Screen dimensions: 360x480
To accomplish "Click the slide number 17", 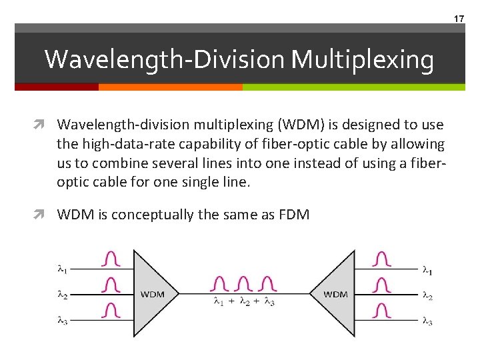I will click(x=459, y=19).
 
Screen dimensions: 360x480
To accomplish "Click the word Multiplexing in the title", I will click(x=363, y=60).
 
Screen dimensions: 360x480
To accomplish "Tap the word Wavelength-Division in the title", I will click(x=166, y=60).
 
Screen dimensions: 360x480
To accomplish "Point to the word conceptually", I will click(x=167, y=214).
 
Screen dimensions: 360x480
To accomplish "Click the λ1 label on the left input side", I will click(x=62, y=269).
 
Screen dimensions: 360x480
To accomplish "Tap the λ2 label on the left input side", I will click(x=62, y=294).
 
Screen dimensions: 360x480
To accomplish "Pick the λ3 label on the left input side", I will click(x=62, y=320).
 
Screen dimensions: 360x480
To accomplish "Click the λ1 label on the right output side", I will click(x=427, y=271).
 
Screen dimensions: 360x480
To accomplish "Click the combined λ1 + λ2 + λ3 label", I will click(x=244, y=302).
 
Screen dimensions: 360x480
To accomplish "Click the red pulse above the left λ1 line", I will click(x=111, y=259).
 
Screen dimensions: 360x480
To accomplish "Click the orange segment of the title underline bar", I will click(x=170, y=87).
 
